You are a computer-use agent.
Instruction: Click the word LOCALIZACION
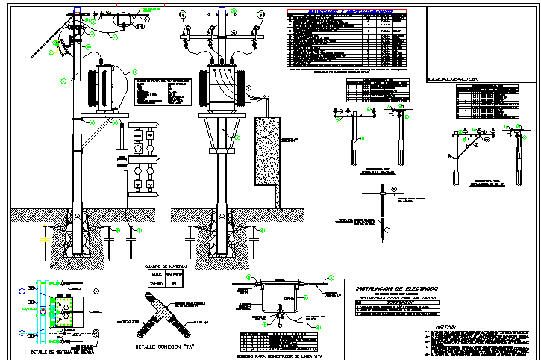pos(453,78)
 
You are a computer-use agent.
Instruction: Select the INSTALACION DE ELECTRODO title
pos(397,288)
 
